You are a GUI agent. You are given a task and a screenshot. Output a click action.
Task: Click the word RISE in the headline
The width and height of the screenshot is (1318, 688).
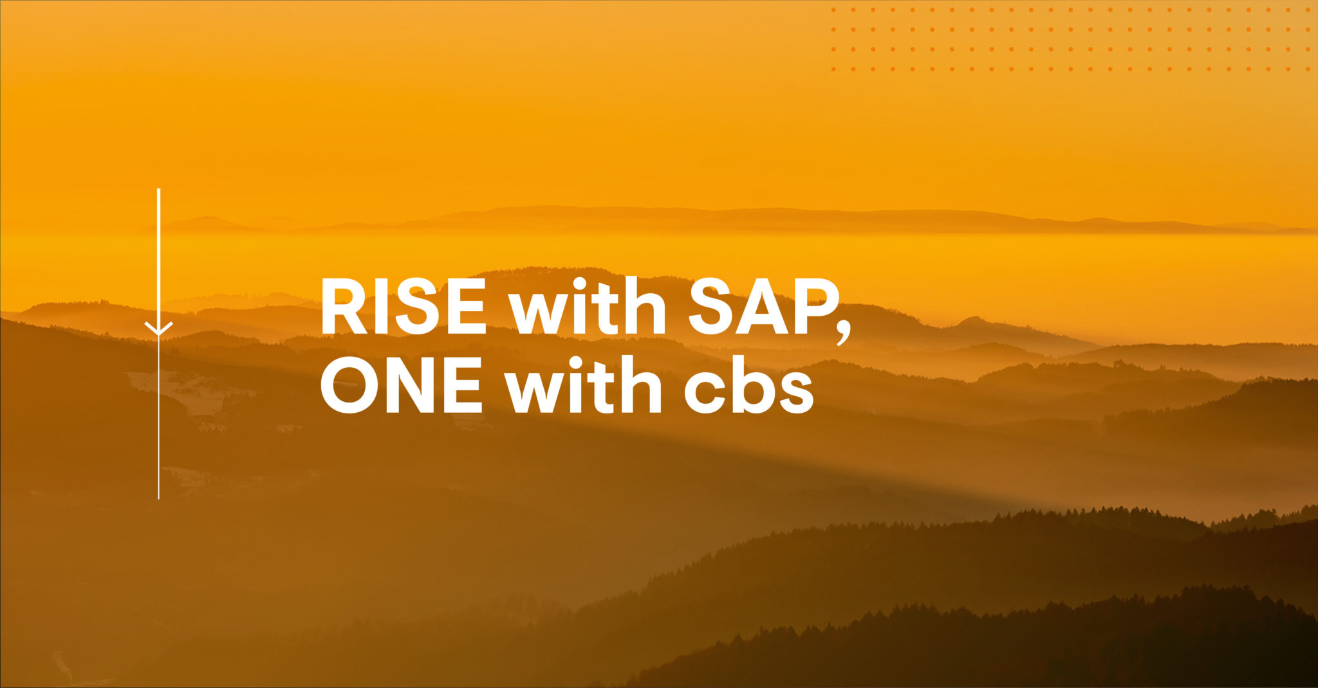click(403, 307)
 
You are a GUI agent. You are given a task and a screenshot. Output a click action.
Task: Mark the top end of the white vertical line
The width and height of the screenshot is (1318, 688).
click(158, 190)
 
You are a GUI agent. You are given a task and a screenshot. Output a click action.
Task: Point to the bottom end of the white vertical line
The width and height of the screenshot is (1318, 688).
click(158, 498)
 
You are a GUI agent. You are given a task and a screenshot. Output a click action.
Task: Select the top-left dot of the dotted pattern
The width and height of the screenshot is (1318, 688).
click(833, 10)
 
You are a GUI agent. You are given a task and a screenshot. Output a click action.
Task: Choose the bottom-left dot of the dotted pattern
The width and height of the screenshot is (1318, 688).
click(833, 69)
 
